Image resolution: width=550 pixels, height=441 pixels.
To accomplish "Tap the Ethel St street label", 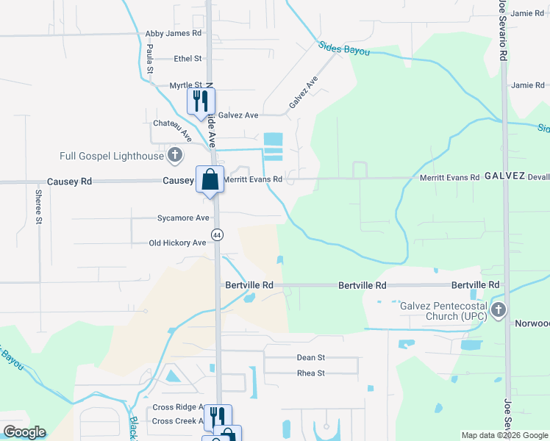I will pyautogui.click(x=187, y=59).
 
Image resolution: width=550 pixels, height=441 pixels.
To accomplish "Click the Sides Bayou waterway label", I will pyautogui.click(x=343, y=49).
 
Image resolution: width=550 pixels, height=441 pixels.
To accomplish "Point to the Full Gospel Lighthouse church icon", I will pyautogui.click(x=174, y=155).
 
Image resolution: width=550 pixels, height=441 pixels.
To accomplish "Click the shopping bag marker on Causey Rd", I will pyautogui.click(x=210, y=179).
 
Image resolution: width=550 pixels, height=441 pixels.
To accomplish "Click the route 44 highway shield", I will pyautogui.click(x=217, y=234).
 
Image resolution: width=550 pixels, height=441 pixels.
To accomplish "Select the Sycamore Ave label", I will pyautogui.click(x=183, y=218).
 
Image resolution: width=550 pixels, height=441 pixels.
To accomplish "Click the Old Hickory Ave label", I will pyautogui.click(x=177, y=243).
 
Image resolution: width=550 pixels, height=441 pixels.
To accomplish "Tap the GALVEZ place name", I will pyautogui.click(x=504, y=177).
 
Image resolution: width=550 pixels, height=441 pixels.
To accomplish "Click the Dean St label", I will pyautogui.click(x=310, y=358).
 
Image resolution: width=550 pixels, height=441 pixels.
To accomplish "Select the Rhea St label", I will pyautogui.click(x=310, y=373).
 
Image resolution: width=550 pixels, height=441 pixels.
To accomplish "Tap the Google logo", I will pyautogui.click(x=24, y=432).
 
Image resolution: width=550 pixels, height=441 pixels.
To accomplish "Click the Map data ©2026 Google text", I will pyautogui.click(x=504, y=435).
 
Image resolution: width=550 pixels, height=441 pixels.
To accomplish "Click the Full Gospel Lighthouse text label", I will pyautogui.click(x=113, y=156).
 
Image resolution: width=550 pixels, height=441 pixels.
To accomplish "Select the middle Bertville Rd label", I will pyautogui.click(x=362, y=285).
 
